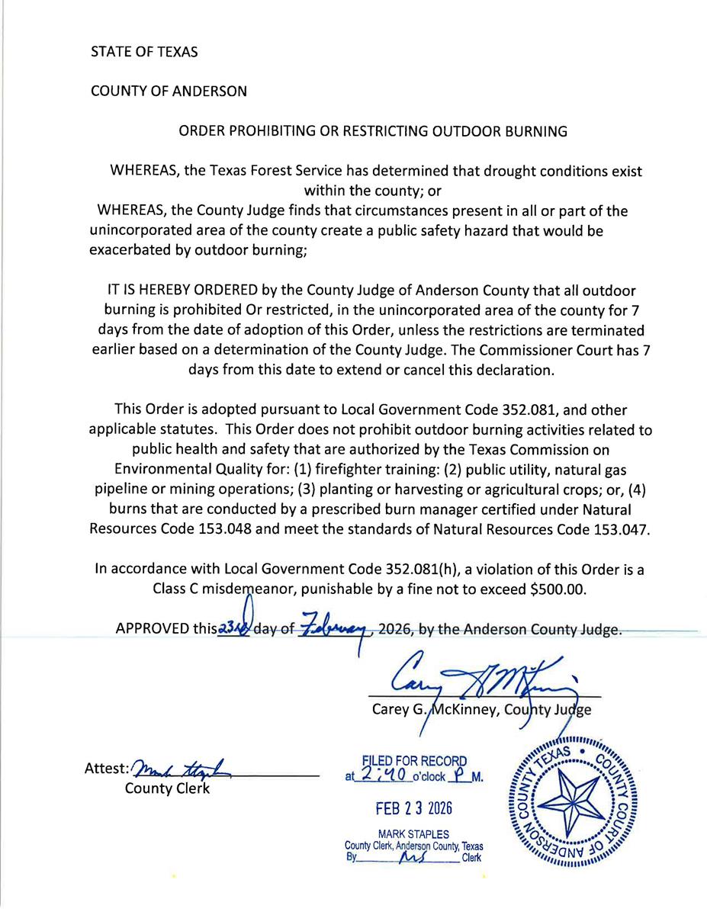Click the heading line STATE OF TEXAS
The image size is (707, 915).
coord(144,52)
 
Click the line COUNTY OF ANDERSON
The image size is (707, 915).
coord(169,91)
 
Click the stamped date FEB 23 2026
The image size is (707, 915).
coord(414,807)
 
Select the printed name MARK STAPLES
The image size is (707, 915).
coord(414,834)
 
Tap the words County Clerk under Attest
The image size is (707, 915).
coord(166,788)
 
